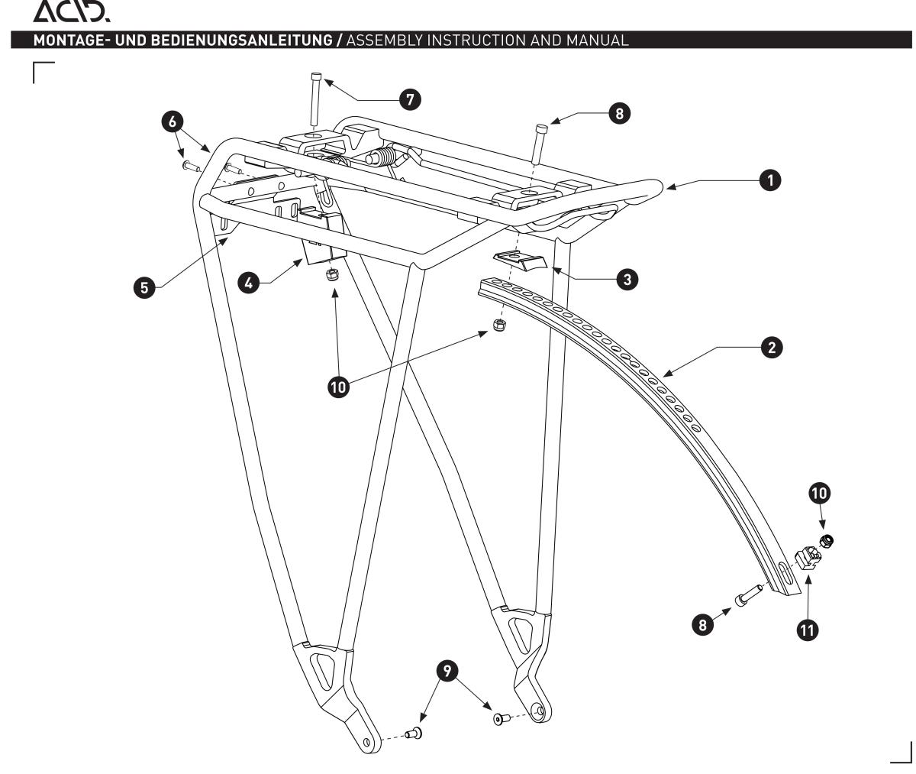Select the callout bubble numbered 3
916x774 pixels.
627,279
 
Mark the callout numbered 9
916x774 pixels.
447,671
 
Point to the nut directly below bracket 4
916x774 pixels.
332,276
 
